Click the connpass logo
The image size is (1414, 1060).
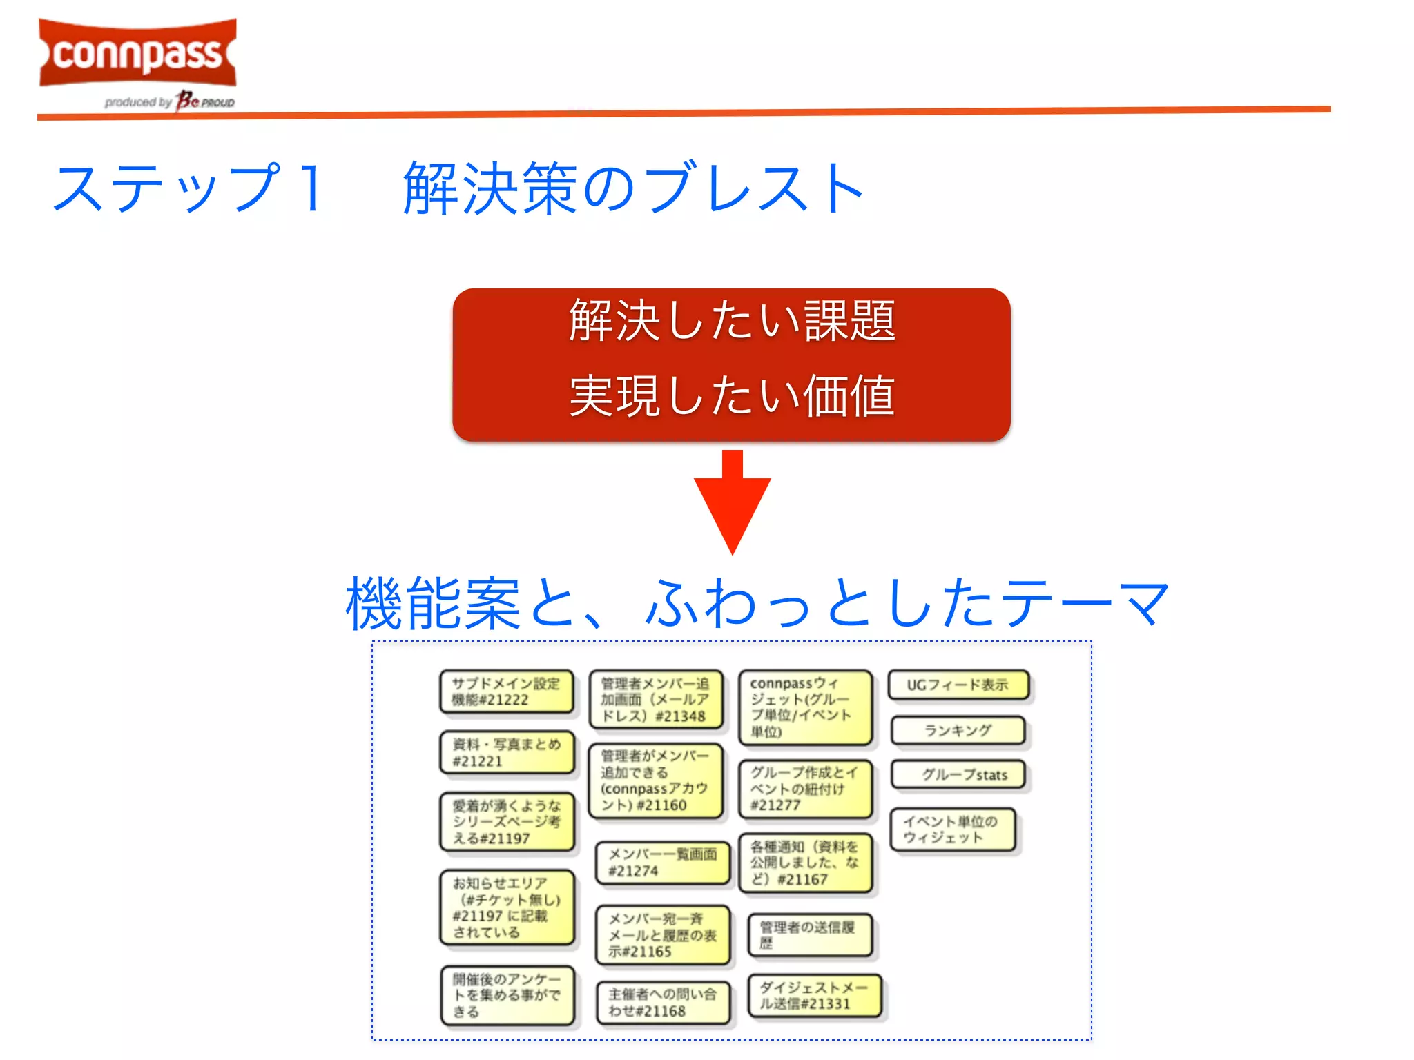pos(137,54)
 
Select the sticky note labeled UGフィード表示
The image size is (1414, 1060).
pos(958,685)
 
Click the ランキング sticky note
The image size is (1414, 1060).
pos(958,730)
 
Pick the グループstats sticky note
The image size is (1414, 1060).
pos(958,774)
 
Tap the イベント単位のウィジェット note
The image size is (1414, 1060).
pos(952,830)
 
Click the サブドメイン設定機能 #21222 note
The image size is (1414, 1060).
pos(507,691)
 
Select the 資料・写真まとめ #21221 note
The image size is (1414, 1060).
pos(507,752)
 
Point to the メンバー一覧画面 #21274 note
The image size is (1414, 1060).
pos(662,863)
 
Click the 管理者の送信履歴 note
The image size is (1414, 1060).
pos(809,935)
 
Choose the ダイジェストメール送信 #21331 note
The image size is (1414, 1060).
pos(814,995)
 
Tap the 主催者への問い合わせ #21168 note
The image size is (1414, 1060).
pos(662,1003)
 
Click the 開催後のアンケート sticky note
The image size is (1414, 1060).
pos(507,995)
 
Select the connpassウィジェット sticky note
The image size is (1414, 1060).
pos(804,707)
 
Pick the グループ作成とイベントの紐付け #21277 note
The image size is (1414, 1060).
pos(804,789)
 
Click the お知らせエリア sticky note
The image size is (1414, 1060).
pos(507,907)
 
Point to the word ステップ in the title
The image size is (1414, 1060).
pos(166,188)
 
